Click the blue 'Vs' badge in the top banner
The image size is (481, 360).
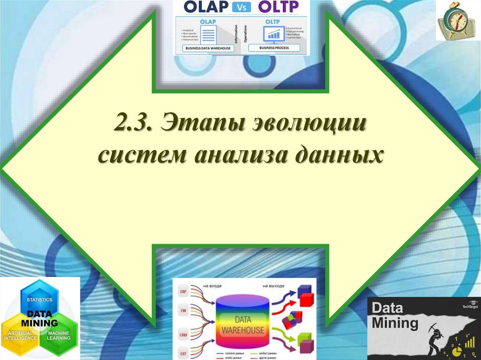coord(241,7)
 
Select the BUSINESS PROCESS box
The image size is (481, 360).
coord(274,48)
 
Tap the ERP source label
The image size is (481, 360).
coord(183,292)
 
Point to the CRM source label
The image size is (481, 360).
coord(183,335)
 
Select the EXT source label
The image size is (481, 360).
coord(183,353)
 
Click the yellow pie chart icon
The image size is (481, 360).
coord(455,350)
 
